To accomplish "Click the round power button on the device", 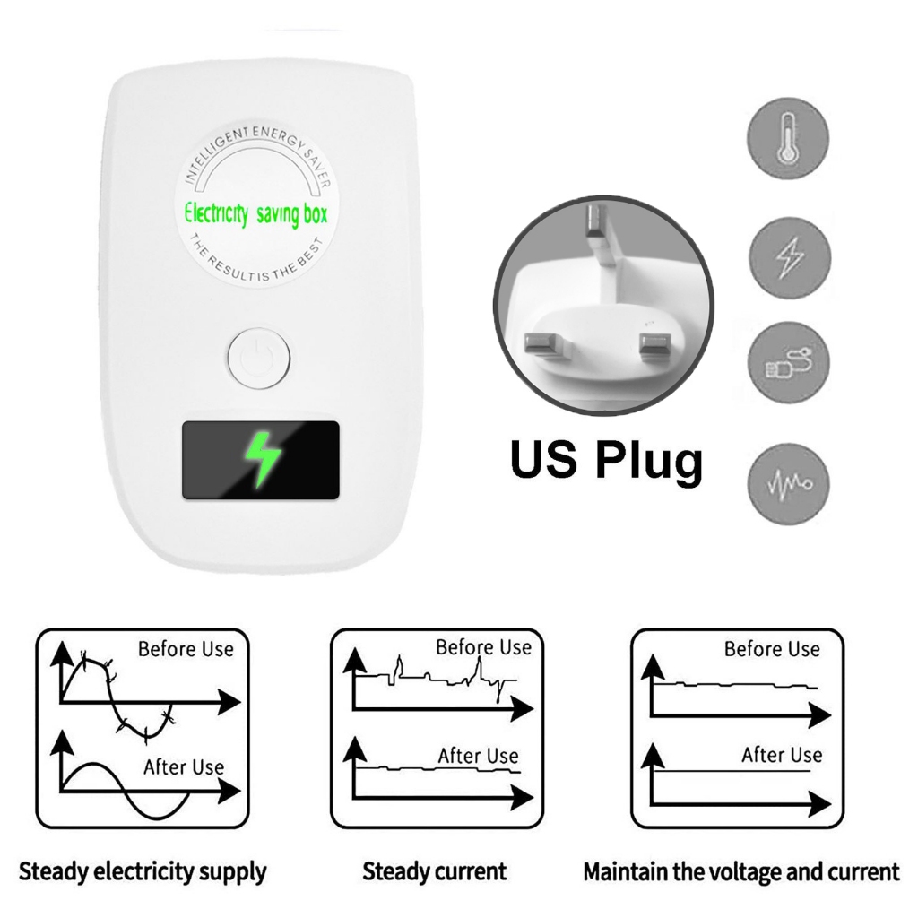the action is pyautogui.click(x=258, y=359).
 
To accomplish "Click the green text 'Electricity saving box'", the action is pyautogui.click(x=256, y=214).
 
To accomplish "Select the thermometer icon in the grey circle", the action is pyautogui.click(x=788, y=139).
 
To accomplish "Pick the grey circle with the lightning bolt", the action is pyautogui.click(x=789, y=257).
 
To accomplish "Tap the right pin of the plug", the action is pyautogui.click(x=653, y=346).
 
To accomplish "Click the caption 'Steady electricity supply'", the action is pyautogui.click(x=143, y=870).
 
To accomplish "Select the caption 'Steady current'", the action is pyautogui.click(x=435, y=870).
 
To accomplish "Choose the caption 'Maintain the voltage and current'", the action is pyautogui.click(x=741, y=870).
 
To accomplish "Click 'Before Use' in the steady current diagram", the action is pyautogui.click(x=483, y=646).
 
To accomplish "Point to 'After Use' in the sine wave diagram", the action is pyautogui.click(x=184, y=767).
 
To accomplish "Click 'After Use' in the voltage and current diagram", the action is pyautogui.click(x=782, y=755).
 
